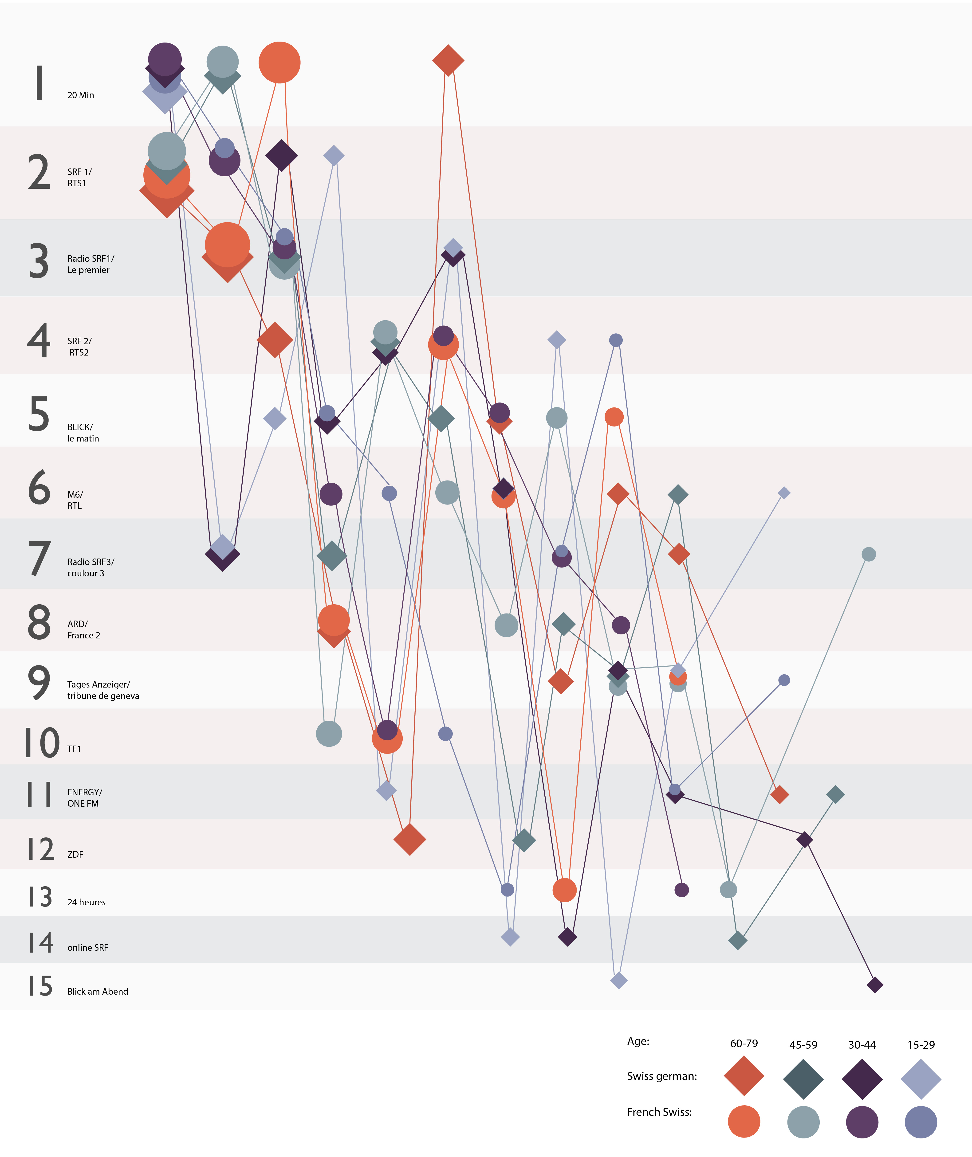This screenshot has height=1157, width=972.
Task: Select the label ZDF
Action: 75,855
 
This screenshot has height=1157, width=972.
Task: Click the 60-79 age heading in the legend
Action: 744,1044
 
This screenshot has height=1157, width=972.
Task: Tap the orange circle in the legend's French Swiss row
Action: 744,1121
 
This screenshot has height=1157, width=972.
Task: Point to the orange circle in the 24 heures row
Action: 564,890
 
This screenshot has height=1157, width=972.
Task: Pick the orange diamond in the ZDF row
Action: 409,840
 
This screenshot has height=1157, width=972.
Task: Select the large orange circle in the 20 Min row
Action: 279,62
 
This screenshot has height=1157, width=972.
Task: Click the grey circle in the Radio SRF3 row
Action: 868,554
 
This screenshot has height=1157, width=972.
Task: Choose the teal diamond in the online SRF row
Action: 737,941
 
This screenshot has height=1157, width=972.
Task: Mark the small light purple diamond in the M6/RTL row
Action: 784,493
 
